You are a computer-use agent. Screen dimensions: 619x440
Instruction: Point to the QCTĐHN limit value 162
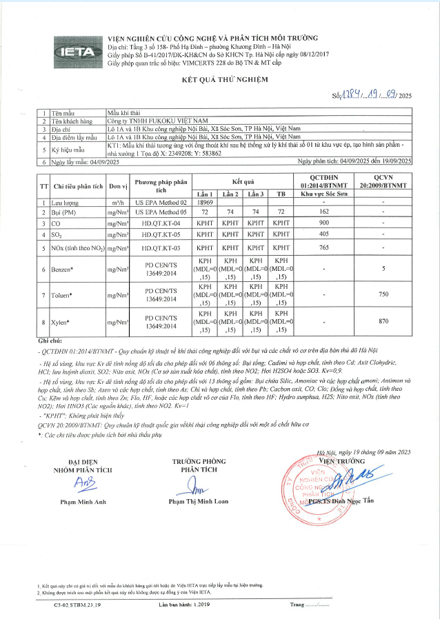click(x=323, y=213)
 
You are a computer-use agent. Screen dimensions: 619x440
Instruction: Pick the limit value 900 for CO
click(x=323, y=224)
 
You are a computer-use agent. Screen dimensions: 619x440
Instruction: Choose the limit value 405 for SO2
click(x=323, y=235)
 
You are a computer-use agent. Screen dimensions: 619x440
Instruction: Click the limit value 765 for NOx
click(x=323, y=247)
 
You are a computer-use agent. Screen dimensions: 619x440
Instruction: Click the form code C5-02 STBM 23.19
click(x=78, y=605)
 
